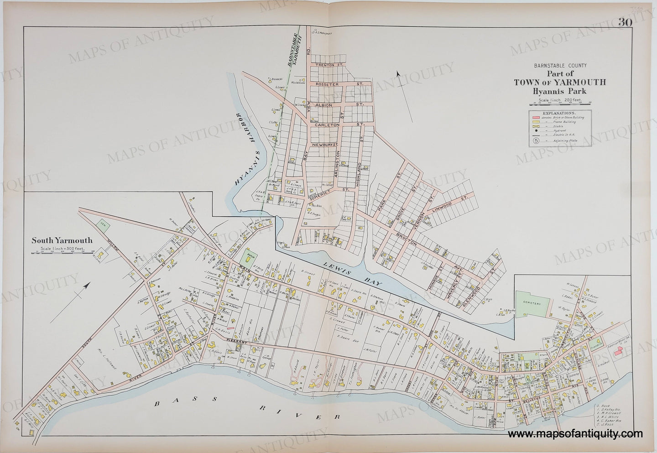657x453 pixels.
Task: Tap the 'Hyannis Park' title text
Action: coord(560,91)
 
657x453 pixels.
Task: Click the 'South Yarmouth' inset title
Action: coord(62,240)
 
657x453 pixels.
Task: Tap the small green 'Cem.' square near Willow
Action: coord(104,223)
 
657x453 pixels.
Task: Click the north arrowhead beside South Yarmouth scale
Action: coord(87,286)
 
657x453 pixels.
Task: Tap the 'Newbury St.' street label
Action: coord(325,145)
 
